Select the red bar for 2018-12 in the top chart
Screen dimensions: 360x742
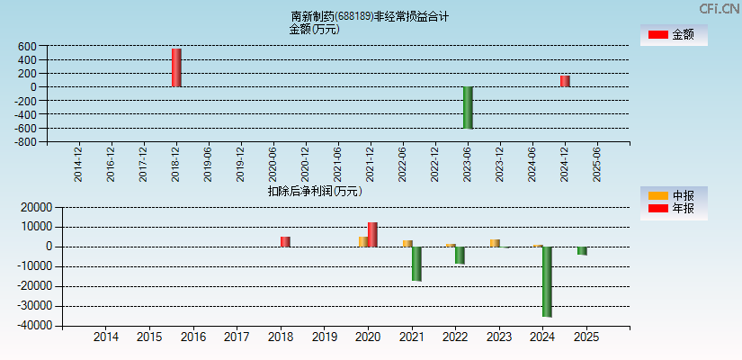click(x=176, y=67)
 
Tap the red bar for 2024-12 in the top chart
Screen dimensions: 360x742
click(x=565, y=81)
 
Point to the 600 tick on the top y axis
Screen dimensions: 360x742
click(x=26, y=47)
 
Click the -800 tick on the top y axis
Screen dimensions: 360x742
click(x=24, y=142)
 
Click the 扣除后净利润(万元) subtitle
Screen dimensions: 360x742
click(x=315, y=191)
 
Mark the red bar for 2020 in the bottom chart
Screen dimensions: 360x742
click(x=372, y=234)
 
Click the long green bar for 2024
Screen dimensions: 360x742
click(x=547, y=281)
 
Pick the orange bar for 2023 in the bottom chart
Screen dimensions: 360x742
click(x=495, y=243)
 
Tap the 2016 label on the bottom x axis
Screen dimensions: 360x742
click(x=193, y=337)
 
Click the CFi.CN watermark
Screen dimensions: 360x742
click(x=720, y=8)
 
